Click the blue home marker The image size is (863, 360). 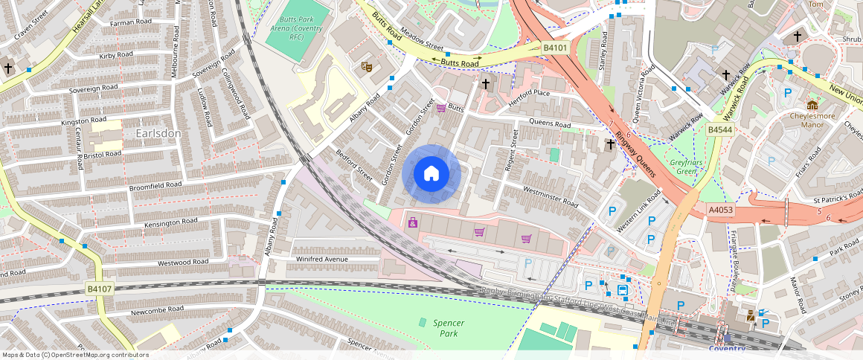pos(431,175)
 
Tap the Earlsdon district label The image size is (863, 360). pos(158,132)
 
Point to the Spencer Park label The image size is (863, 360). pos(448,328)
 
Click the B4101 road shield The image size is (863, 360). pos(555,48)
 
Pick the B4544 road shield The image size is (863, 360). pos(719,129)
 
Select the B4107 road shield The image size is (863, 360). pos(99,289)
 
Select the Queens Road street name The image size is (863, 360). pos(549,123)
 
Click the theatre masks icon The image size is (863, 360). pos(366,67)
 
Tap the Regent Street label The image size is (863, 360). pos(512,150)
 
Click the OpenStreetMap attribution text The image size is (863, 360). pos(75,355)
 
